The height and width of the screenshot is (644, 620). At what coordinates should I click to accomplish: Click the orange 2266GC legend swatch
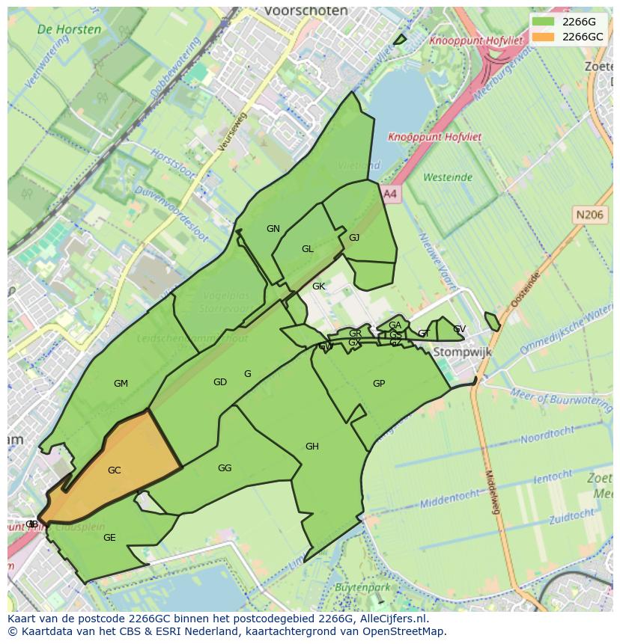544,37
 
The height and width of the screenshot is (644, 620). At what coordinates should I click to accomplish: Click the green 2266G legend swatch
544,22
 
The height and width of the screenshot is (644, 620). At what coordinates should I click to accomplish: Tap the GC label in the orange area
114,470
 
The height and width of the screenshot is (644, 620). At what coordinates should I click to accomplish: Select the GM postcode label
121,384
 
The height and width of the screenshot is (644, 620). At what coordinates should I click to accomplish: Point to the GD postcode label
219,382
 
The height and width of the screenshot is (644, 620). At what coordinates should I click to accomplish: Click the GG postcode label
225,468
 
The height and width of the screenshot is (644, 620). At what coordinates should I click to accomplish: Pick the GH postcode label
312,447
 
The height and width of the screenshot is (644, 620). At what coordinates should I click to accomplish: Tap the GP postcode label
379,384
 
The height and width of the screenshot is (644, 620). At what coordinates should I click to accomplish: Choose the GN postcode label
273,229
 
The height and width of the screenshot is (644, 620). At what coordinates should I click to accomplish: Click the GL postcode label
308,249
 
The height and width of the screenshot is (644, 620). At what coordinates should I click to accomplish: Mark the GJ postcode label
354,238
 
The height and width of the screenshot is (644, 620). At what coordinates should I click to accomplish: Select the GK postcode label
319,286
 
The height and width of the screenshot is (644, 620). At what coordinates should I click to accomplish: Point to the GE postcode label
109,538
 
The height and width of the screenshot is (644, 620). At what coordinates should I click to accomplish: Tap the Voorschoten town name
306,11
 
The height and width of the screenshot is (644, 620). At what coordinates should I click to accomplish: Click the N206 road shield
589,215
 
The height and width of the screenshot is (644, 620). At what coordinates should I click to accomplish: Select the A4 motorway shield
390,194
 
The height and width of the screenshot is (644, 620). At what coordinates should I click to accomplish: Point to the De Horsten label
69,30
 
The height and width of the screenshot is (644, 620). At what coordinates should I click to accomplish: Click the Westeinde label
448,177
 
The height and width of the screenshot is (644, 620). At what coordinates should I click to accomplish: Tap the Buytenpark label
362,588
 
